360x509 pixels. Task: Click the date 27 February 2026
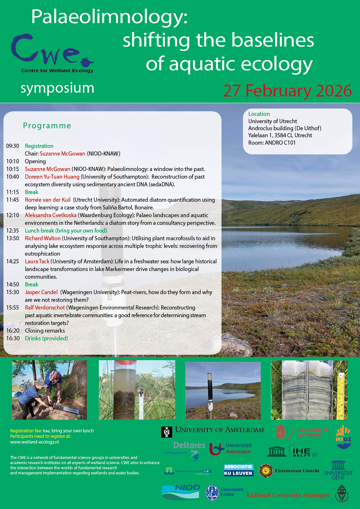click(x=287, y=91)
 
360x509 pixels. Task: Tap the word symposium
click(x=57, y=88)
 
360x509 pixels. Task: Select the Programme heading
click(x=47, y=126)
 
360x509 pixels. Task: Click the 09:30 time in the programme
click(x=13, y=146)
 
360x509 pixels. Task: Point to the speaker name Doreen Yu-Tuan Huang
click(x=52, y=177)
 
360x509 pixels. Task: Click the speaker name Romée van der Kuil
click(x=48, y=200)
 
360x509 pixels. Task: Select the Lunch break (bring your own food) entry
click(x=66, y=231)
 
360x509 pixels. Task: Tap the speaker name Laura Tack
click(x=37, y=261)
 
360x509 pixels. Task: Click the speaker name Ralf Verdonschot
click(x=45, y=308)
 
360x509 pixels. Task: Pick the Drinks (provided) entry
click(x=46, y=338)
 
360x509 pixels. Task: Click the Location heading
click(x=259, y=114)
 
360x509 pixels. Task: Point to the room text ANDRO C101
click(x=280, y=143)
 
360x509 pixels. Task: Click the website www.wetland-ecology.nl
click(x=35, y=442)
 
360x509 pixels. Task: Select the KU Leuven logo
click(x=239, y=470)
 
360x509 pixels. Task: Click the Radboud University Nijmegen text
click(x=288, y=495)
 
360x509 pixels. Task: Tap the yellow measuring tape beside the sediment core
click(x=342, y=394)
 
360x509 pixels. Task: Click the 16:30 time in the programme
click(x=13, y=338)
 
